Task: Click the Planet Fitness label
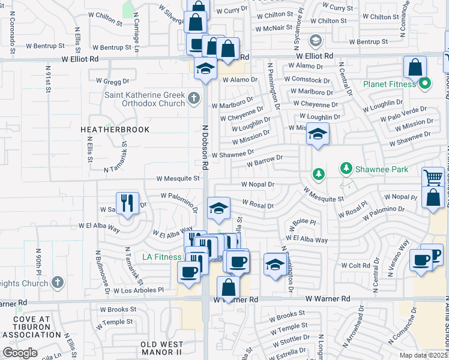[x=389, y=84]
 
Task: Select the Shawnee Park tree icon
[x=319, y=174]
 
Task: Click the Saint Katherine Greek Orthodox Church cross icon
[x=193, y=98]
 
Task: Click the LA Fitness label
[x=161, y=257]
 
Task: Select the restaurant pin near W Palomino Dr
[x=127, y=204]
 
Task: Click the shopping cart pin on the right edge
[x=433, y=178]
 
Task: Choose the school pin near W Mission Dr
[x=318, y=134]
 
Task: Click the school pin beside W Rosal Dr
[x=218, y=209]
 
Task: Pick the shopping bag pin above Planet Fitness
[x=415, y=67]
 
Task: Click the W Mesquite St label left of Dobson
[x=178, y=178]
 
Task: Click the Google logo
[x=20, y=353]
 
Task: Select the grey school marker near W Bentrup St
[x=315, y=41]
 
